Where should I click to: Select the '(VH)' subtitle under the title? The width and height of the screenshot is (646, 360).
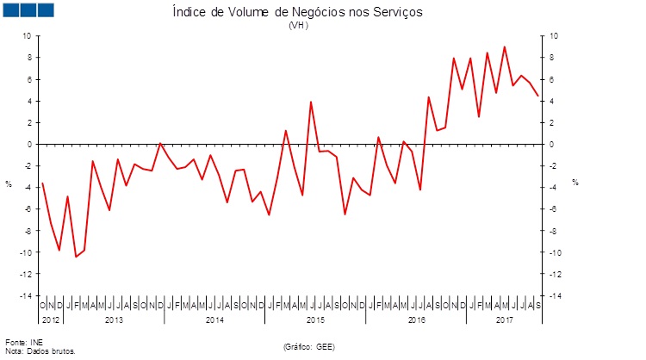point(298,26)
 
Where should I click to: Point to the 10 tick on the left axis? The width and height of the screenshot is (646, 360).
point(26,36)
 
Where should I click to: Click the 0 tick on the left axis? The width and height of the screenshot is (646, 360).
point(28,144)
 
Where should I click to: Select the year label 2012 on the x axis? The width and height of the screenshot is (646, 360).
point(50,320)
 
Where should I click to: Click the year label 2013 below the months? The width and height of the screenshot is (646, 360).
point(115,320)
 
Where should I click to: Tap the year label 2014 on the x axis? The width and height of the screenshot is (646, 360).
point(214,320)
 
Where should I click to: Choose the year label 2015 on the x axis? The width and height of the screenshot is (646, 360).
point(315,320)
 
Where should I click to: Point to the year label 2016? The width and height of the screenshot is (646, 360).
point(416,320)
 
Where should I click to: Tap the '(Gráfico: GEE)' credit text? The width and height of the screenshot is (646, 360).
point(308,346)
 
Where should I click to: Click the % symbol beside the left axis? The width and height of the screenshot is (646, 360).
point(9,183)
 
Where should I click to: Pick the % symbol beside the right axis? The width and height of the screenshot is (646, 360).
point(575,183)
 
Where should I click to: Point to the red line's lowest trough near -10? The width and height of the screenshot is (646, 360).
point(76,257)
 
